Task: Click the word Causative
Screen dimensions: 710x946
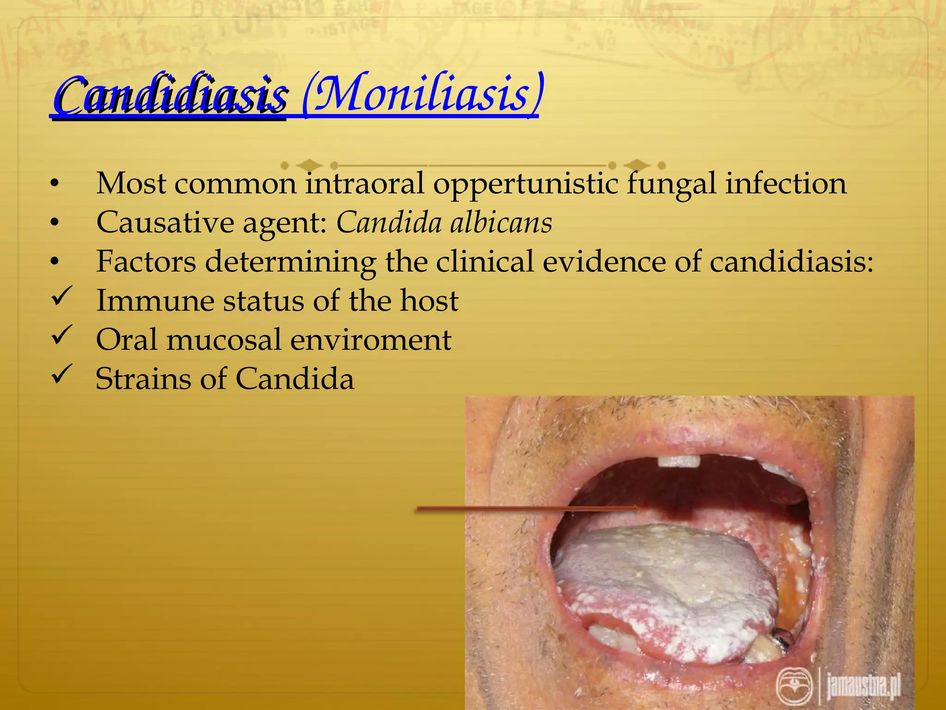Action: pyautogui.click(x=165, y=223)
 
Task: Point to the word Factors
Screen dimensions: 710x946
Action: pyautogui.click(x=146, y=262)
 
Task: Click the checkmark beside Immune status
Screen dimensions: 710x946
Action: pyautogui.click(x=61, y=296)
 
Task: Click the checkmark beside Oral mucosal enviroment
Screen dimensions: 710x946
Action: pyautogui.click(x=61, y=335)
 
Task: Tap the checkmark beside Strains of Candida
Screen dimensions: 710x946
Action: pyautogui.click(x=61, y=374)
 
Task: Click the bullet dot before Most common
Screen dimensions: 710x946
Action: pyautogui.click(x=55, y=184)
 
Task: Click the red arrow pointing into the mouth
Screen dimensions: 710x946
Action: pyautogui.click(x=527, y=509)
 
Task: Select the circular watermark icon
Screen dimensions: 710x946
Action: pyautogui.click(x=794, y=686)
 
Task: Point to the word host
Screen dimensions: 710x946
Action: pyautogui.click(x=429, y=301)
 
